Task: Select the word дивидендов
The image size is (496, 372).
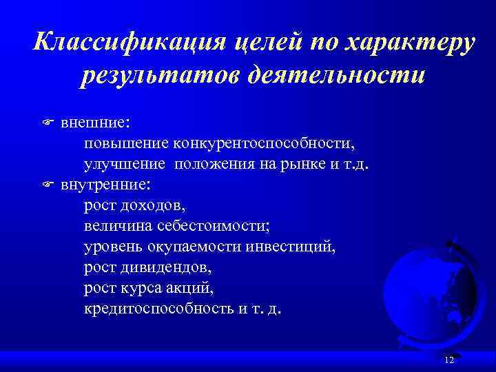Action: (x=161, y=267)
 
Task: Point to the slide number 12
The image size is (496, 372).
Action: (x=449, y=361)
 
